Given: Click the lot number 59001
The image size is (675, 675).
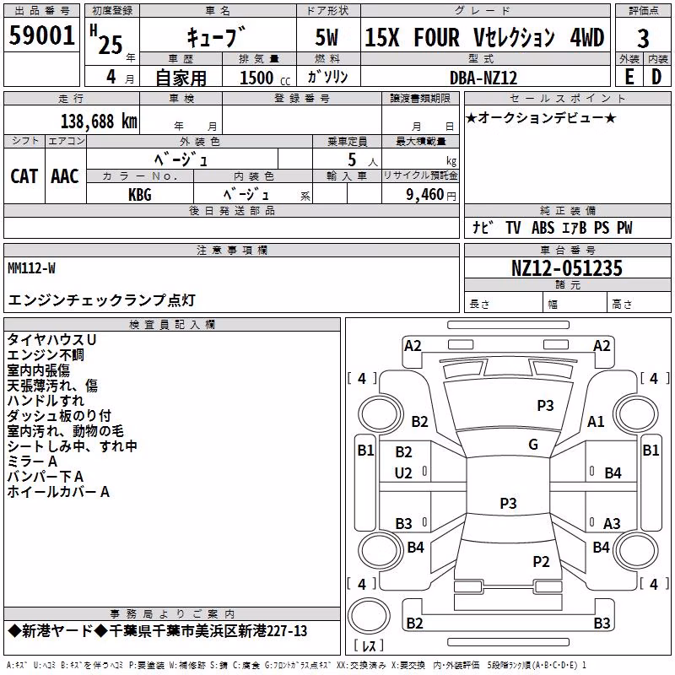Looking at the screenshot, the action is coord(41,35).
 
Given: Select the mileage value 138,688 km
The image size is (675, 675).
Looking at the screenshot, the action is coord(99,121).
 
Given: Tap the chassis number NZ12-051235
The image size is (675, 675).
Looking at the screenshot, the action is coord(566,268).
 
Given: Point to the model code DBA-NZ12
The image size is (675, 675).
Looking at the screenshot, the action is coord(483,78).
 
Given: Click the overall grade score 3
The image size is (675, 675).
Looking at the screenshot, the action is coord(643,39).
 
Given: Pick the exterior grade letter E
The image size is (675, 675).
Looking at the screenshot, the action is coord(629,77).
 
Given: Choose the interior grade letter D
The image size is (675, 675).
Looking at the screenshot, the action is coord(656,77).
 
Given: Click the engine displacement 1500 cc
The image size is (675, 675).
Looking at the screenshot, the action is coord(265,78).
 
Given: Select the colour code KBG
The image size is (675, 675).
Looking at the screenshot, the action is coord(140,195).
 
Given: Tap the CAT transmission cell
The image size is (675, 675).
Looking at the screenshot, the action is coord(24,176).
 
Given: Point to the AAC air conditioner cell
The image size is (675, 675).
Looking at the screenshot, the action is coord(65,176).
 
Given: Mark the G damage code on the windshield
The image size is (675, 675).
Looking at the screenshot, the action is coord(533,445).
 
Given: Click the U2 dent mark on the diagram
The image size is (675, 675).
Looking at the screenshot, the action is coord(403,473).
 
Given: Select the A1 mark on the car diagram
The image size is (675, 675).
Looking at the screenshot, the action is coord(596,421).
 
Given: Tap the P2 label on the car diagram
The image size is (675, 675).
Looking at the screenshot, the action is coord(541,561).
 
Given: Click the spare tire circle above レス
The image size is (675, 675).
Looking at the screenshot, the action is coord(369,615).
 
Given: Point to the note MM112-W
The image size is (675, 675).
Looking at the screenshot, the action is coord(31,268).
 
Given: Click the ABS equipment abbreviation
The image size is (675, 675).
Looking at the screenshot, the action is coord(543,228).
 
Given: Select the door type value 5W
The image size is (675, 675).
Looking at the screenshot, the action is coord(327,37).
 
